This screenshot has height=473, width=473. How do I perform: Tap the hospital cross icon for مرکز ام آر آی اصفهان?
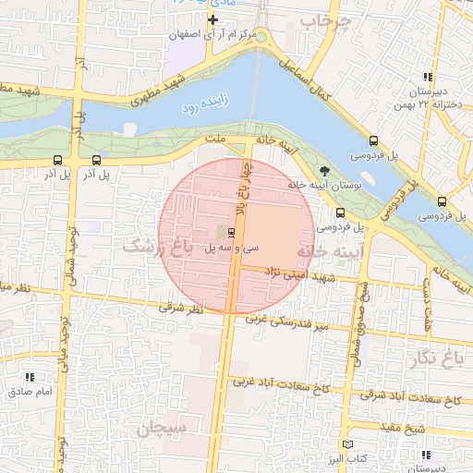pyautogui.click(x=214, y=19)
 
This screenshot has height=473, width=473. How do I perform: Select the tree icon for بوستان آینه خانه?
pyautogui.click(x=324, y=171)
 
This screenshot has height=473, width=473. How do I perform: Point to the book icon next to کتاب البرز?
pyautogui.click(x=347, y=445)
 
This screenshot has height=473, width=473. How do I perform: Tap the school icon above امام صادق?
pyautogui.click(x=30, y=377)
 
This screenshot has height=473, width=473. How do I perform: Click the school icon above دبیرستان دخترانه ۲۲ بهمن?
pyautogui.click(x=427, y=77)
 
